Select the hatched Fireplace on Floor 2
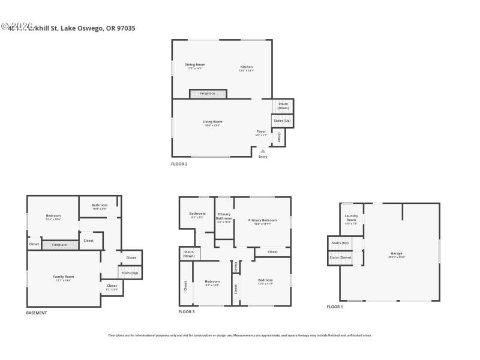tap(208, 94)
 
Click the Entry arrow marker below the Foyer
tap(262, 151)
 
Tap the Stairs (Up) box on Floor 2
tap(282, 121)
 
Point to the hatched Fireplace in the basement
tap(59, 245)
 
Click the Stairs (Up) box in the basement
tap(130, 273)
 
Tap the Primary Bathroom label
tap(224, 217)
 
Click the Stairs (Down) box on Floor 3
tap(189, 254)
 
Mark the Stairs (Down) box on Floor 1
tap(340, 257)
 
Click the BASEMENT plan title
tap(36, 313)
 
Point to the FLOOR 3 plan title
tap(187, 312)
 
